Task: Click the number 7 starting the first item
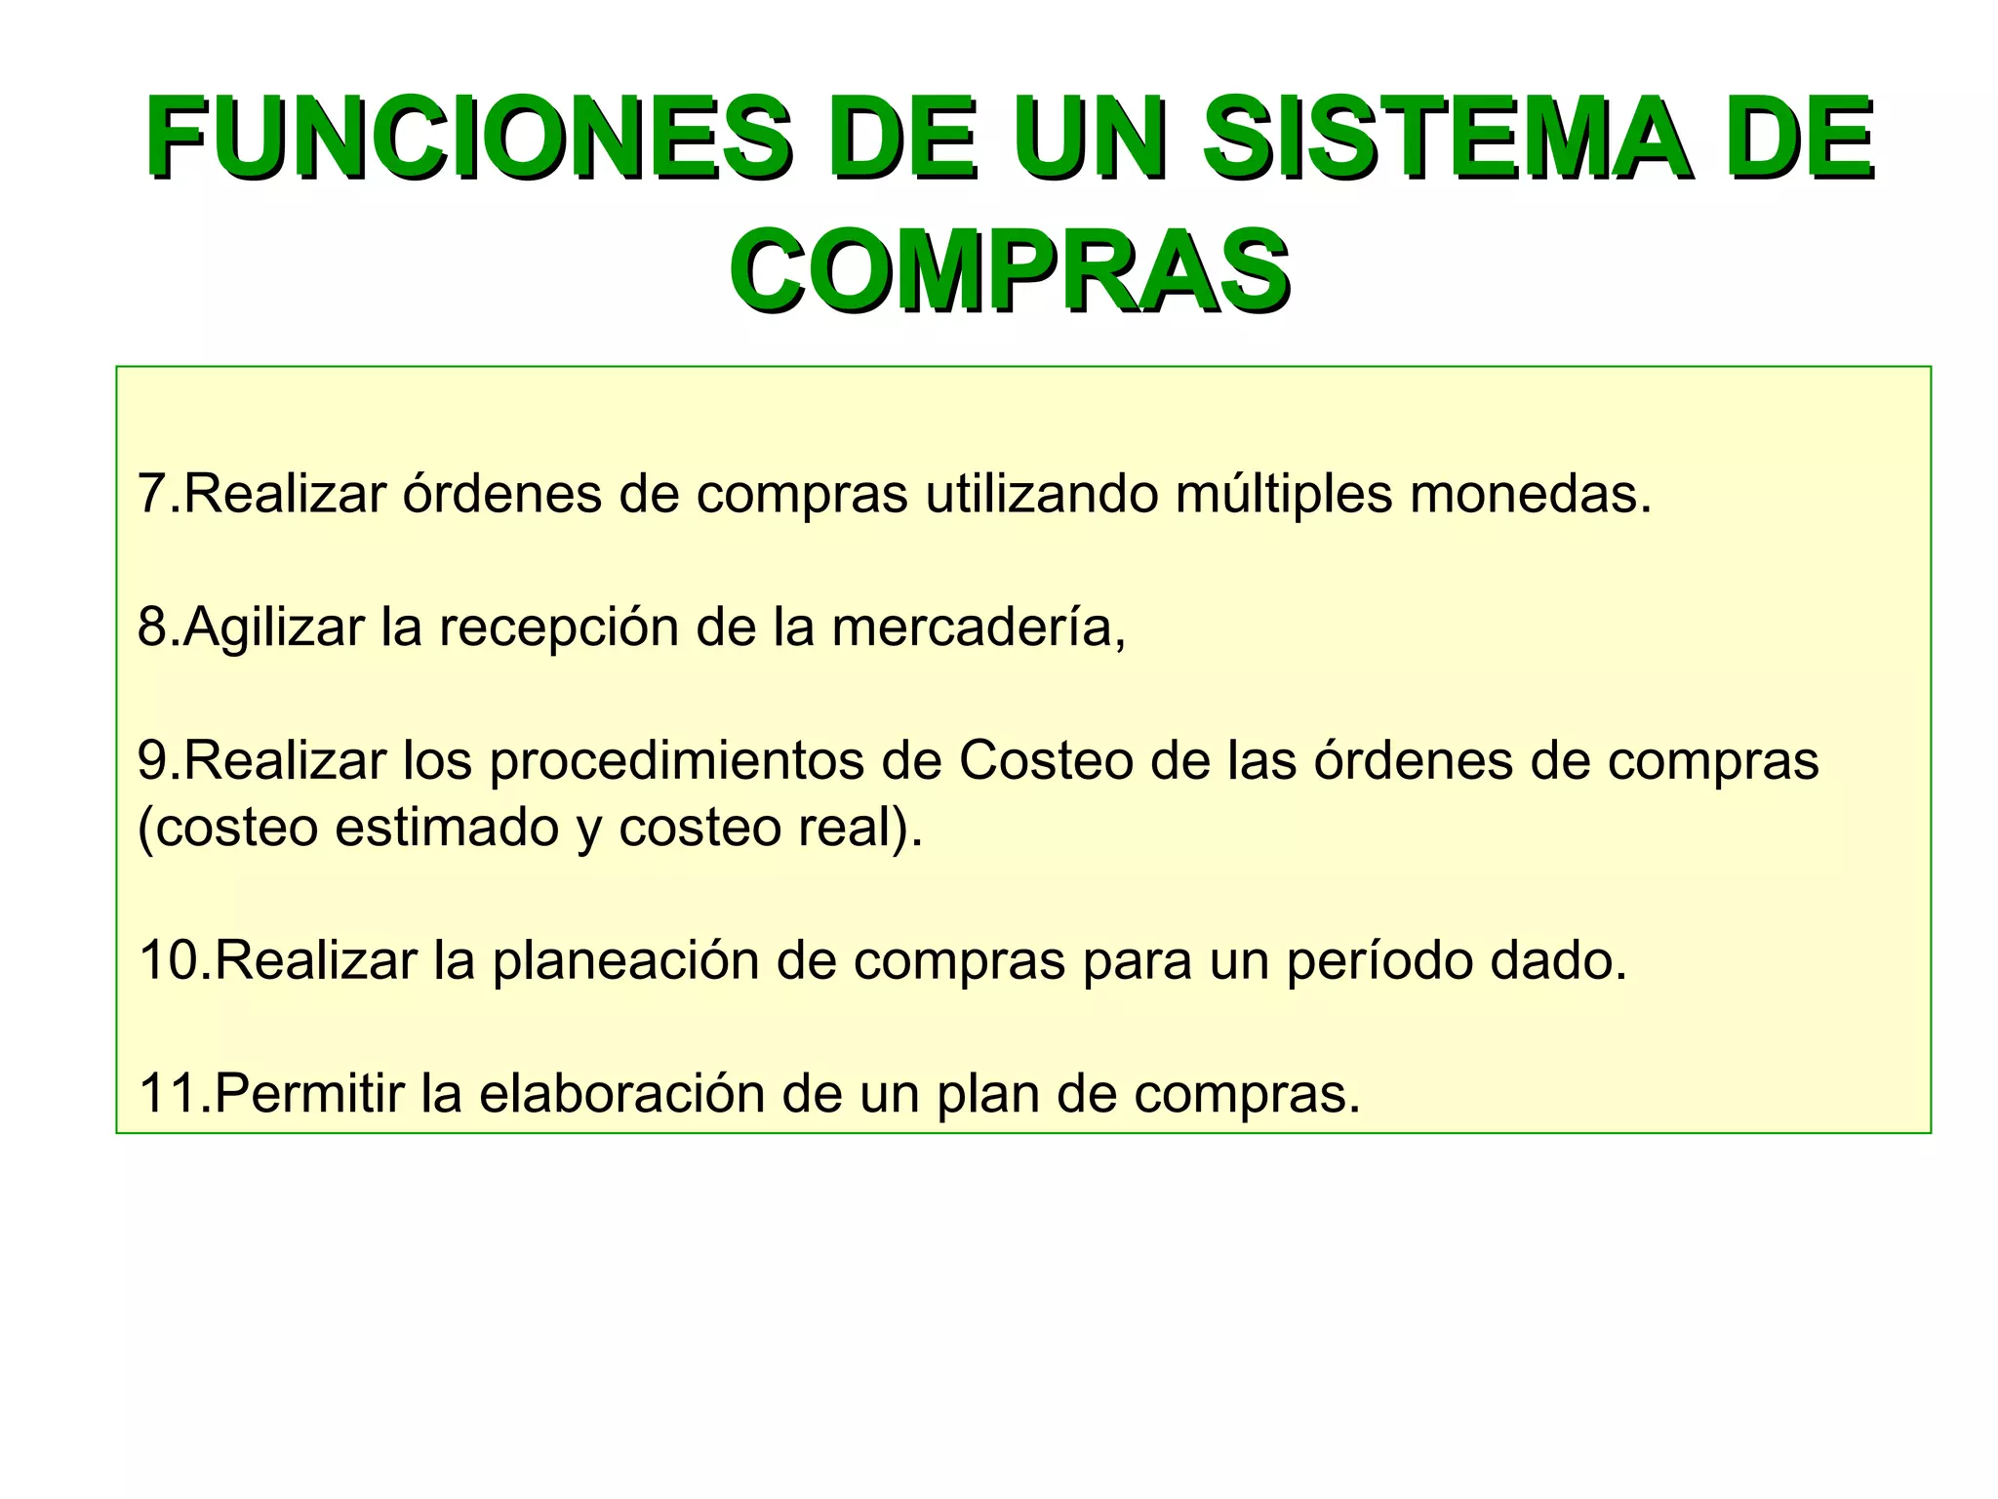click(x=151, y=494)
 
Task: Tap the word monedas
click(x=1531, y=494)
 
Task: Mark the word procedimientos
click(x=676, y=762)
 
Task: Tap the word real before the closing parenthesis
click(x=849, y=829)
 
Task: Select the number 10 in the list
click(x=168, y=960)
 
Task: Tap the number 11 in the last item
click(x=168, y=1094)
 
